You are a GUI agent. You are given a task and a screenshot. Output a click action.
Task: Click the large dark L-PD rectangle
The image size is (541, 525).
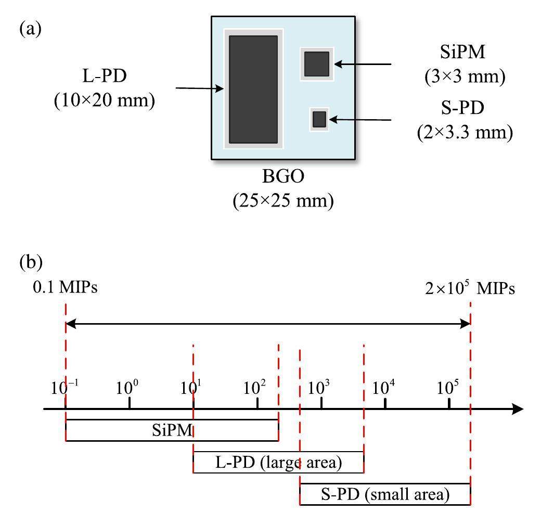pyautogui.click(x=253, y=89)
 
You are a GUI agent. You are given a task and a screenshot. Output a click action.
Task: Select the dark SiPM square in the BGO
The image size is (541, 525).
pyautogui.click(x=316, y=64)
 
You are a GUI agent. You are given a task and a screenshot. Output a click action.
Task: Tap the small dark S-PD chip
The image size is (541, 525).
pyautogui.click(x=319, y=120)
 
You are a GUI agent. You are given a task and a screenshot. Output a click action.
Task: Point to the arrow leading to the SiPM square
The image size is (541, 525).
pyautogui.click(x=363, y=64)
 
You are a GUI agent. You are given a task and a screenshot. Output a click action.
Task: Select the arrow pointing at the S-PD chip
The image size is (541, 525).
pyautogui.click(x=360, y=120)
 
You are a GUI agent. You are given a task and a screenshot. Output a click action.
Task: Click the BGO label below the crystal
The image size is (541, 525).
pyautogui.click(x=283, y=177)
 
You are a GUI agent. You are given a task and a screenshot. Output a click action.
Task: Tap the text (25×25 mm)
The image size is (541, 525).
pyautogui.click(x=283, y=200)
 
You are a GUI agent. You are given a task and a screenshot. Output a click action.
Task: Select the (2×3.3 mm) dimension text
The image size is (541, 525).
pyautogui.click(x=465, y=132)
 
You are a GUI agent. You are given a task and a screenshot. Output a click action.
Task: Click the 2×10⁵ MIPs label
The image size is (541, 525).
pyautogui.click(x=470, y=288)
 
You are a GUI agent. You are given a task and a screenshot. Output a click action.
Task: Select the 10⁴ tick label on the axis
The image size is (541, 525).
pyautogui.click(x=385, y=388)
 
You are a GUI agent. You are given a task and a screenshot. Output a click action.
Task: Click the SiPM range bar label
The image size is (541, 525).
pyautogui.click(x=172, y=430)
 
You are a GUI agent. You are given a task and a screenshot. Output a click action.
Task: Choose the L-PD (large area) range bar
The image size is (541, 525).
pyautogui.click(x=278, y=463)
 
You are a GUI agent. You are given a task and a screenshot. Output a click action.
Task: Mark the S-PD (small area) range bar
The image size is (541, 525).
pyautogui.click(x=385, y=494)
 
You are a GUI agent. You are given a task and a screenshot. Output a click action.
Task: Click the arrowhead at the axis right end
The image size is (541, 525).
pyautogui.click(x=518, y=409)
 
